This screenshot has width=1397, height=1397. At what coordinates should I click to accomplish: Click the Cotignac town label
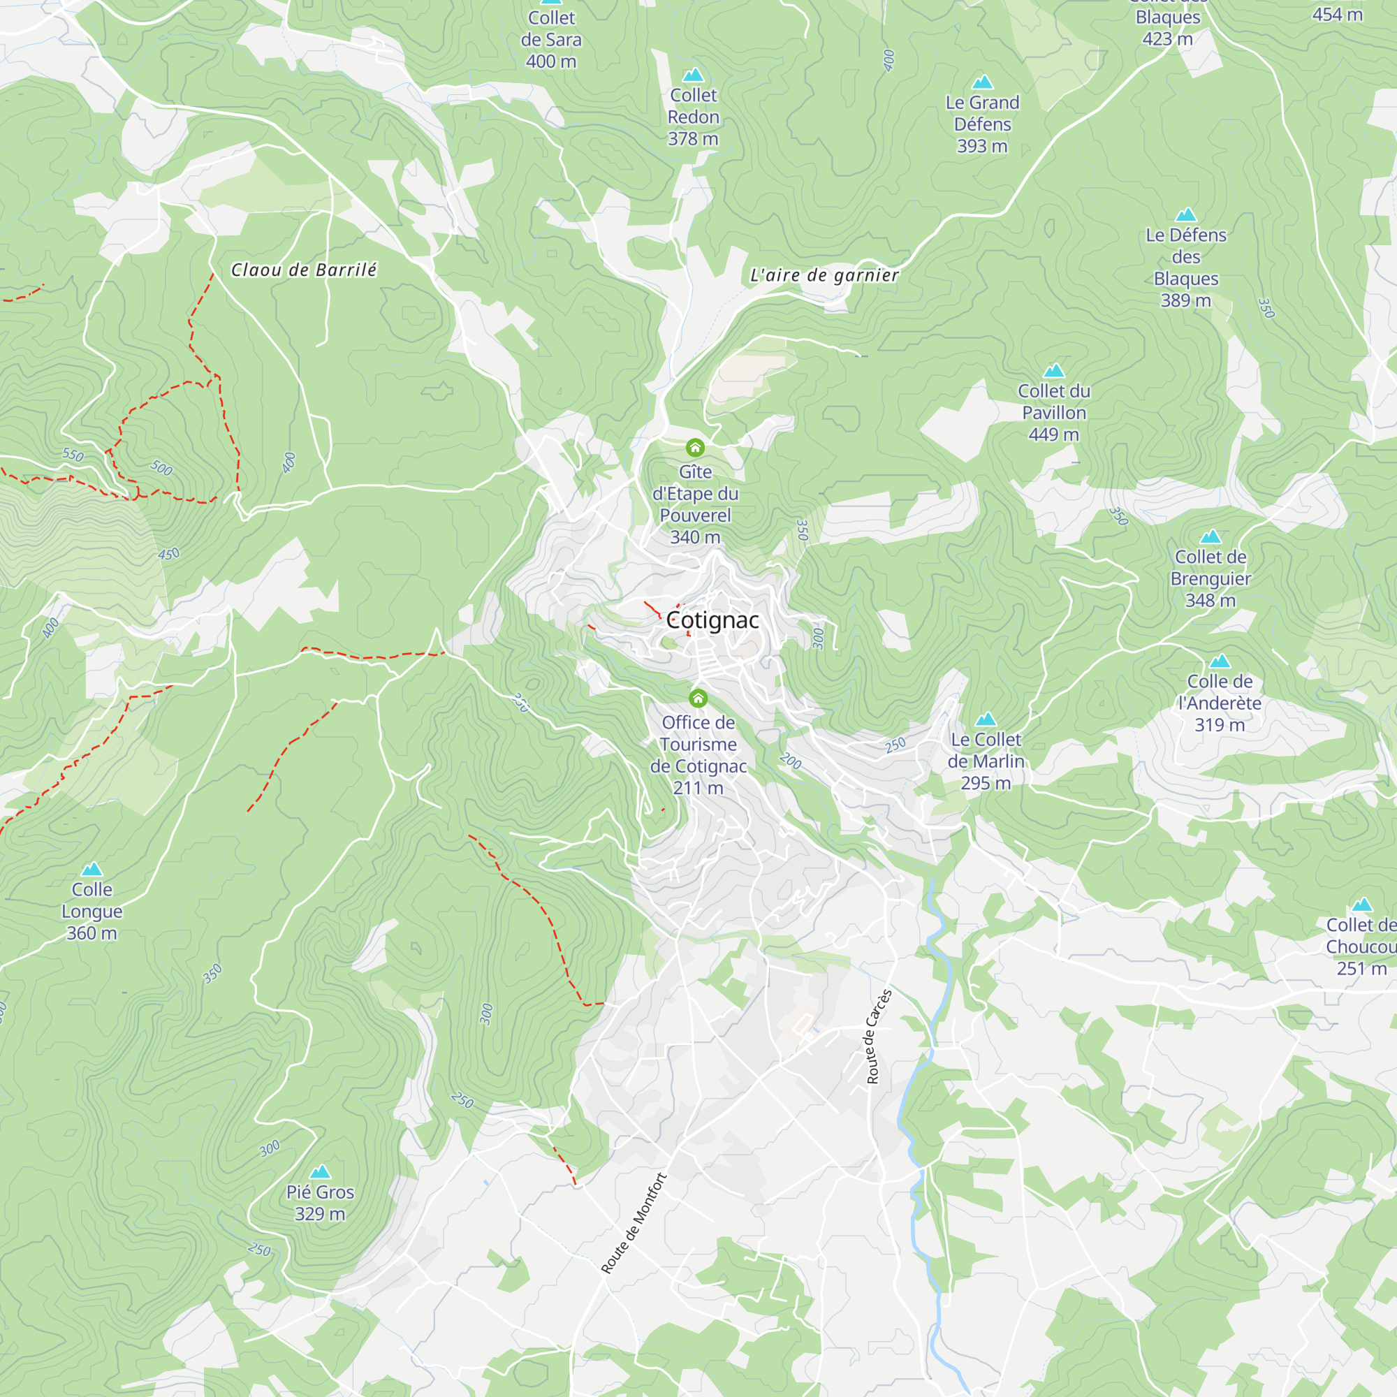click(712, 620)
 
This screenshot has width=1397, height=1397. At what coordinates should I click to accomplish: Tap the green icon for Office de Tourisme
click(698, 698)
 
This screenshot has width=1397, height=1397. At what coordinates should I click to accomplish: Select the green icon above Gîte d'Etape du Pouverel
click(695, 448)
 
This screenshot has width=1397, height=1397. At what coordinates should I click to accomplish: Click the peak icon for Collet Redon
click(693, 75)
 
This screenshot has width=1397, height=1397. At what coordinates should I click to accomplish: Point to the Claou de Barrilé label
click(304, 270)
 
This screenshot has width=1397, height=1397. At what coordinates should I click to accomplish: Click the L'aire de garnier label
click(824, 275)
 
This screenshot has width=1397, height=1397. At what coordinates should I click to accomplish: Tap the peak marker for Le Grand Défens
click(982, 82)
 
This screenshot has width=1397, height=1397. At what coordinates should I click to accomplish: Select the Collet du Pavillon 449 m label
click(1053, 412)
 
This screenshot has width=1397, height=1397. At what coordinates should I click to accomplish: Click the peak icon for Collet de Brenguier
click(1211, 536)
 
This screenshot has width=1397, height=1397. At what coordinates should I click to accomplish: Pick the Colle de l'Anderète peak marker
click(1220, 661)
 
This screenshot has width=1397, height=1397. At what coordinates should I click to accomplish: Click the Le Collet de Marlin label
click(986, 761)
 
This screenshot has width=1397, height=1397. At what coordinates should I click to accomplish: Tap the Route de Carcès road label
click(879, 1036)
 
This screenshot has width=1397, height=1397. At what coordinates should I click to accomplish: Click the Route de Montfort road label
click(634, 1223)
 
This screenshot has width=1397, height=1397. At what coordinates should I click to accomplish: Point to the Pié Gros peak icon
click(320, 1171)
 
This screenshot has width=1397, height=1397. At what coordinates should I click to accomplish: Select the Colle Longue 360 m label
click(92, 911)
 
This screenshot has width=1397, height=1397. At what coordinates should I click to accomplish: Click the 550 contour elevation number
click(73, 455)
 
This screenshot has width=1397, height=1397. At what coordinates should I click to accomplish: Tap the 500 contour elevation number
click(161, 468)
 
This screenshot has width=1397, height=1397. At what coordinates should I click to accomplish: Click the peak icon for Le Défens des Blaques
click(1186, 214)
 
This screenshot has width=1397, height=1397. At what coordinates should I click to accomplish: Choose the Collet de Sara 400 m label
click(551, 40)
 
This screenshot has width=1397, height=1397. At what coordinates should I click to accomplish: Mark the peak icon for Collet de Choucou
click(1362, 905)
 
